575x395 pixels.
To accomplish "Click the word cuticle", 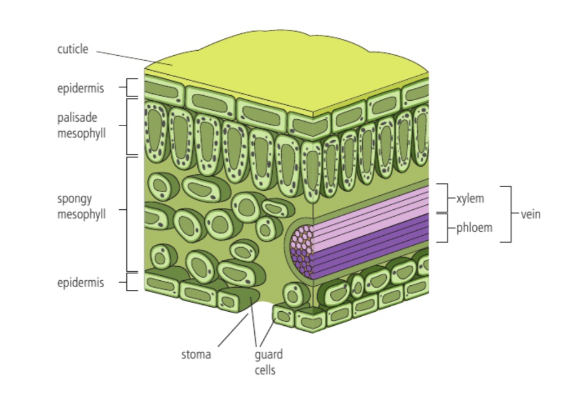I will tap(73, 50).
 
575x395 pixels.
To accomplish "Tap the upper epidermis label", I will tap(81, 88).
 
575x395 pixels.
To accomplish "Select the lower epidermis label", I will tap(81, 282).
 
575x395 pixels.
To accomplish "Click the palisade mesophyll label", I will tap(81, 126).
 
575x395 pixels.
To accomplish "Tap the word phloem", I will tap(474, 228).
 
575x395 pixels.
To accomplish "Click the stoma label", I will tap(196, 354).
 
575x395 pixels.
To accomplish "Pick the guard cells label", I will tap(268, 362).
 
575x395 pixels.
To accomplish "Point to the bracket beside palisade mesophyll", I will tap(129, 127).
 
